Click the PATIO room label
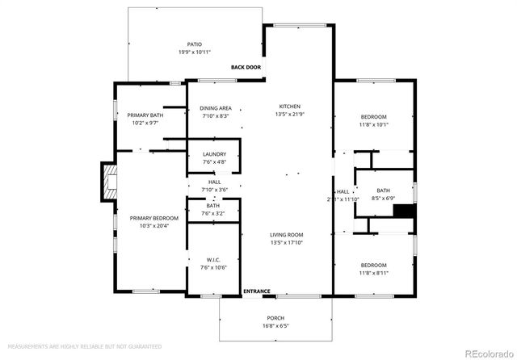point(194,44)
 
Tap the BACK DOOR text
point(246,68)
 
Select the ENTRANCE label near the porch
point(257,291)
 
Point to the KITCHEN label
point(290,107)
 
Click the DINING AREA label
point(216,108)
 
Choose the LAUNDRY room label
point(214,154)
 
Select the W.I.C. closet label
point(214,260)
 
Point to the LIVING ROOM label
point(290,235)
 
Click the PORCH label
point(275,318)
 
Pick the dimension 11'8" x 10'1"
point(373,124)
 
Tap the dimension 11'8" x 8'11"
point(373,273)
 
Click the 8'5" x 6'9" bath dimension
point(383,198)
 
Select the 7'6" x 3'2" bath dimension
point(213,213)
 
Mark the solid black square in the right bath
point(402,211)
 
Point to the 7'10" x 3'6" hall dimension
point(214,190)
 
